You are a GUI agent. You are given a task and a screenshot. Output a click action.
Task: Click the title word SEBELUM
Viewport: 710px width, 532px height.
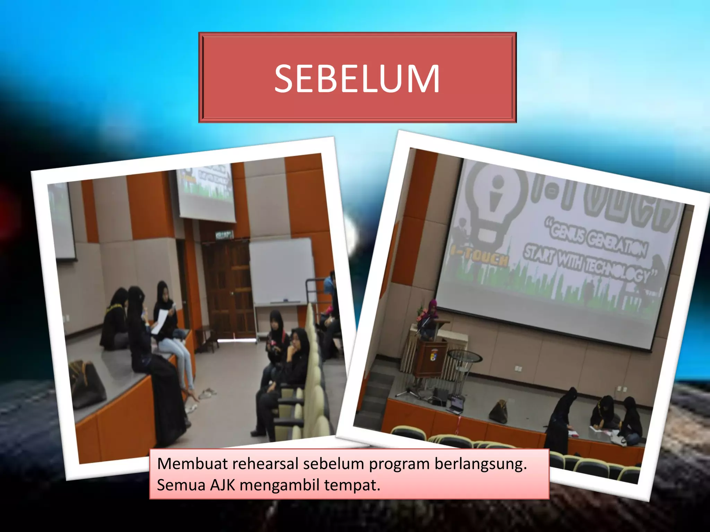point(357,79)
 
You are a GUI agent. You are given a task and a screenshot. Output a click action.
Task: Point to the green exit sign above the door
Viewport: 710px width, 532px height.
point(225,235)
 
